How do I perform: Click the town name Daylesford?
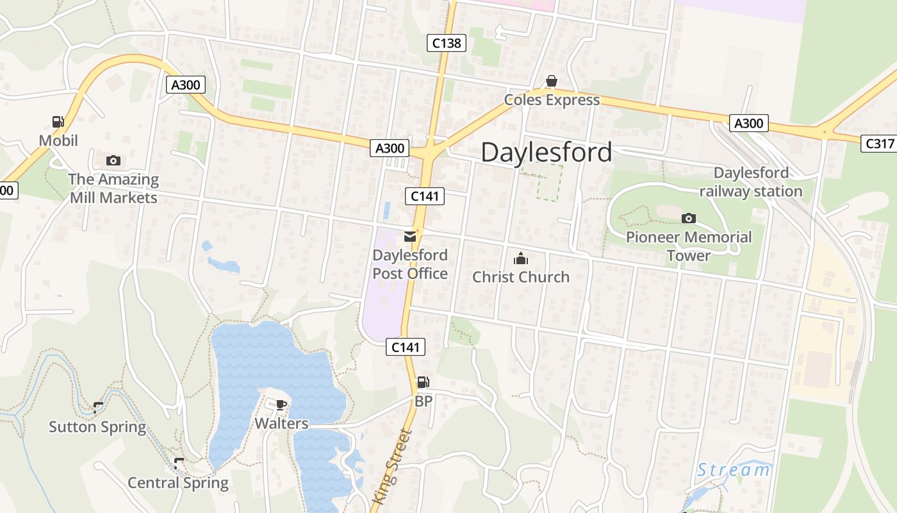click(x=546, y=153)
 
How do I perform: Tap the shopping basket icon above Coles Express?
click(x=551, y=81)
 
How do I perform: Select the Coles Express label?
click(x=552, y=100)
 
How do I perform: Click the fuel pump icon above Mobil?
click(x=58, y=121)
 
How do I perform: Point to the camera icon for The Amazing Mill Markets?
click(x=113, y=160)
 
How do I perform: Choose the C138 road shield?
click(x=446, y=44)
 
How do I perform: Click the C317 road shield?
click(x=879, y=144)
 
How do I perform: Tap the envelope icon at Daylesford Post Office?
click(x=410, y=237)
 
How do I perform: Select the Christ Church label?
click(x=521, y=277)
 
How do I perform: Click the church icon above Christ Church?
click(x=521, y=259)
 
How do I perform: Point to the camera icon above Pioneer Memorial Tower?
click(x=689, y=219)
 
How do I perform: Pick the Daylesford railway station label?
click(x=751, y=182)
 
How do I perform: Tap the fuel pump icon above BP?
click(x=423, y=383)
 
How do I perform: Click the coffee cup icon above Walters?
click(x=281, y=405)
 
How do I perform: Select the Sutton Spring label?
click(x=97, y=427)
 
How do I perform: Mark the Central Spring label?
click(x=178, y=483)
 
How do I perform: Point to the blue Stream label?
click(x=734, y=470)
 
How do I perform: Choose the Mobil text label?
click(x=58, y=140)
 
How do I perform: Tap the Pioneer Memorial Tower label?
click(x=689, y=246)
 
